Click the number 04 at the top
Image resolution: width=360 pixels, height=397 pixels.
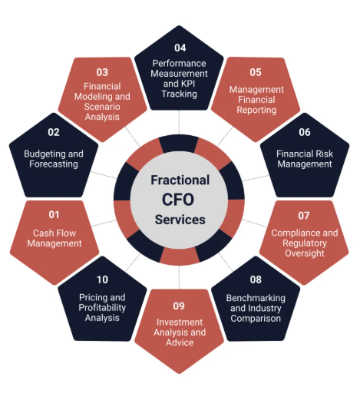pyautogui.click(x=180, y=48)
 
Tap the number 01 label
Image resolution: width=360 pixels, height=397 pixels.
pyautogui.click(x=54, y=214)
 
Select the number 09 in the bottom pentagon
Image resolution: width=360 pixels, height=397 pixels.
pyautogui.click(x=179, y=306)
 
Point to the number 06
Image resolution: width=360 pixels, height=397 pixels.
pyautogui.click(x=305, y=132)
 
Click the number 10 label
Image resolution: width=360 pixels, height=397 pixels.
pyautogui.click(x=102, y=280)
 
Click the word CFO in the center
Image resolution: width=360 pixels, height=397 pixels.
pyautogui.click(x=178, y=200)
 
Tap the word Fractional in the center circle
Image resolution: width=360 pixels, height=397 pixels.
pyautogui.click(x=180, y=180)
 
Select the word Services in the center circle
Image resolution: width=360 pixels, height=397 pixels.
pyautogui.click(x=180, y=220)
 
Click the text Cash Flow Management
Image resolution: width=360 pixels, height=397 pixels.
pyautogui.click(x=54, y=238)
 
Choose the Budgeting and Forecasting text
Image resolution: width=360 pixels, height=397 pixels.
pyautogui.click(x=54, y=159)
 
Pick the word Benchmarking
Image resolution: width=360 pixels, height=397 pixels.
pyautogui.click(x=256, y=298)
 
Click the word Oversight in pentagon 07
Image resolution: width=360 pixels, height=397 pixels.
pyautogui.click(x=305, y=253)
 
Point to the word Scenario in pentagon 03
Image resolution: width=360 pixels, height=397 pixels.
pyautogui.click(x=102, y=107)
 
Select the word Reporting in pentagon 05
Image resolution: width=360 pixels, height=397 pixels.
pyautogui.click(x=256, y=110)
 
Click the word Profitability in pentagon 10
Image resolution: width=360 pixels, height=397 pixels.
pyautogui.click(x=102, y=307)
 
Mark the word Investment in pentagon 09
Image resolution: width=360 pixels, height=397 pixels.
pyautogui.click(x=180, y=322)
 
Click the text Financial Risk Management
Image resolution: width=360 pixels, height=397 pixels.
pyautogui.click(x=305, y=159)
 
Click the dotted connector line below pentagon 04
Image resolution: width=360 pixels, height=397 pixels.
pyautogui.click(x=179, y=122)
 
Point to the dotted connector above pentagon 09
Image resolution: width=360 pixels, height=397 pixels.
pyautogui.click(x=179, y=277)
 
